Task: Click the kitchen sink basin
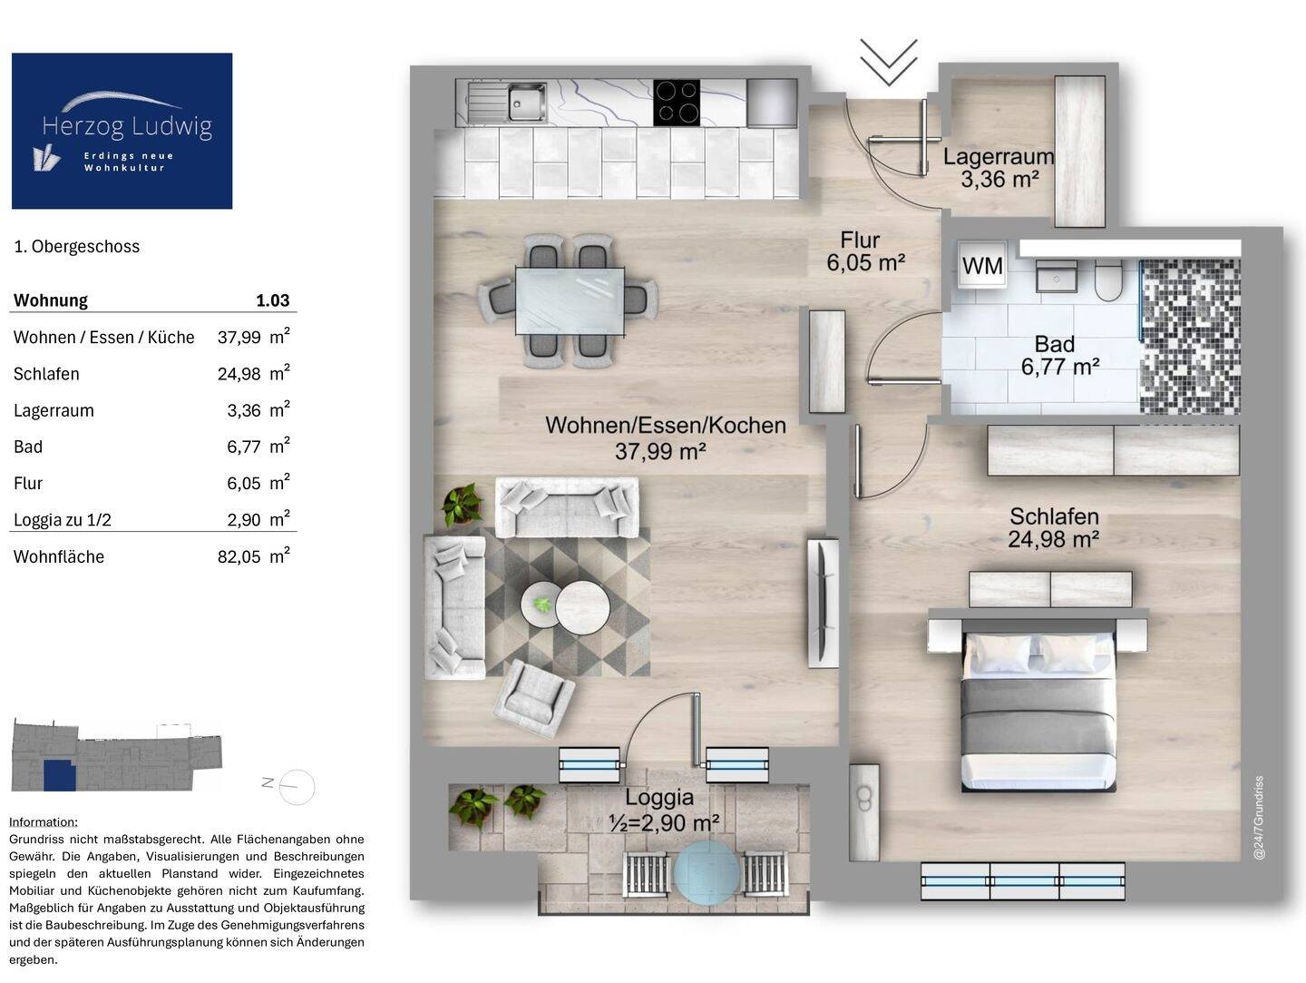click(x=527, y=102)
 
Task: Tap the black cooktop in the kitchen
click(x=677, y=103)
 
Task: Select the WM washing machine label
click(x=982, y=266)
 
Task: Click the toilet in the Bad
click(x=1108, y=280)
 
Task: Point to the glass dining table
click(x=570, y=301)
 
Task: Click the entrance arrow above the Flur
click(x=888, y=62)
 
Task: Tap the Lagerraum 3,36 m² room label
click(x=999, y=168)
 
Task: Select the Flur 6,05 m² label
click(x=866, y=251)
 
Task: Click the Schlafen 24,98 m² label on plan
click(x=1054, y=527)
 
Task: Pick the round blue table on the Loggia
click(x=707, y=870)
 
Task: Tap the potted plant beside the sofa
click(x=463, y=506)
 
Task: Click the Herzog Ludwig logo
click(x=122, y=131)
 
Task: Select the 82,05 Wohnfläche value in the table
click(x=239, y=557)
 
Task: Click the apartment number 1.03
click(x=272, y=300)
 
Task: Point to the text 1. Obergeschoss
click(x=77, y=247)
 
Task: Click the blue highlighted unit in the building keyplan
click(x=60, y=775)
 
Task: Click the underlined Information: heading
click(x=44, y=822)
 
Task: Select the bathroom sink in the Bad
click(x=1056, y=277)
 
